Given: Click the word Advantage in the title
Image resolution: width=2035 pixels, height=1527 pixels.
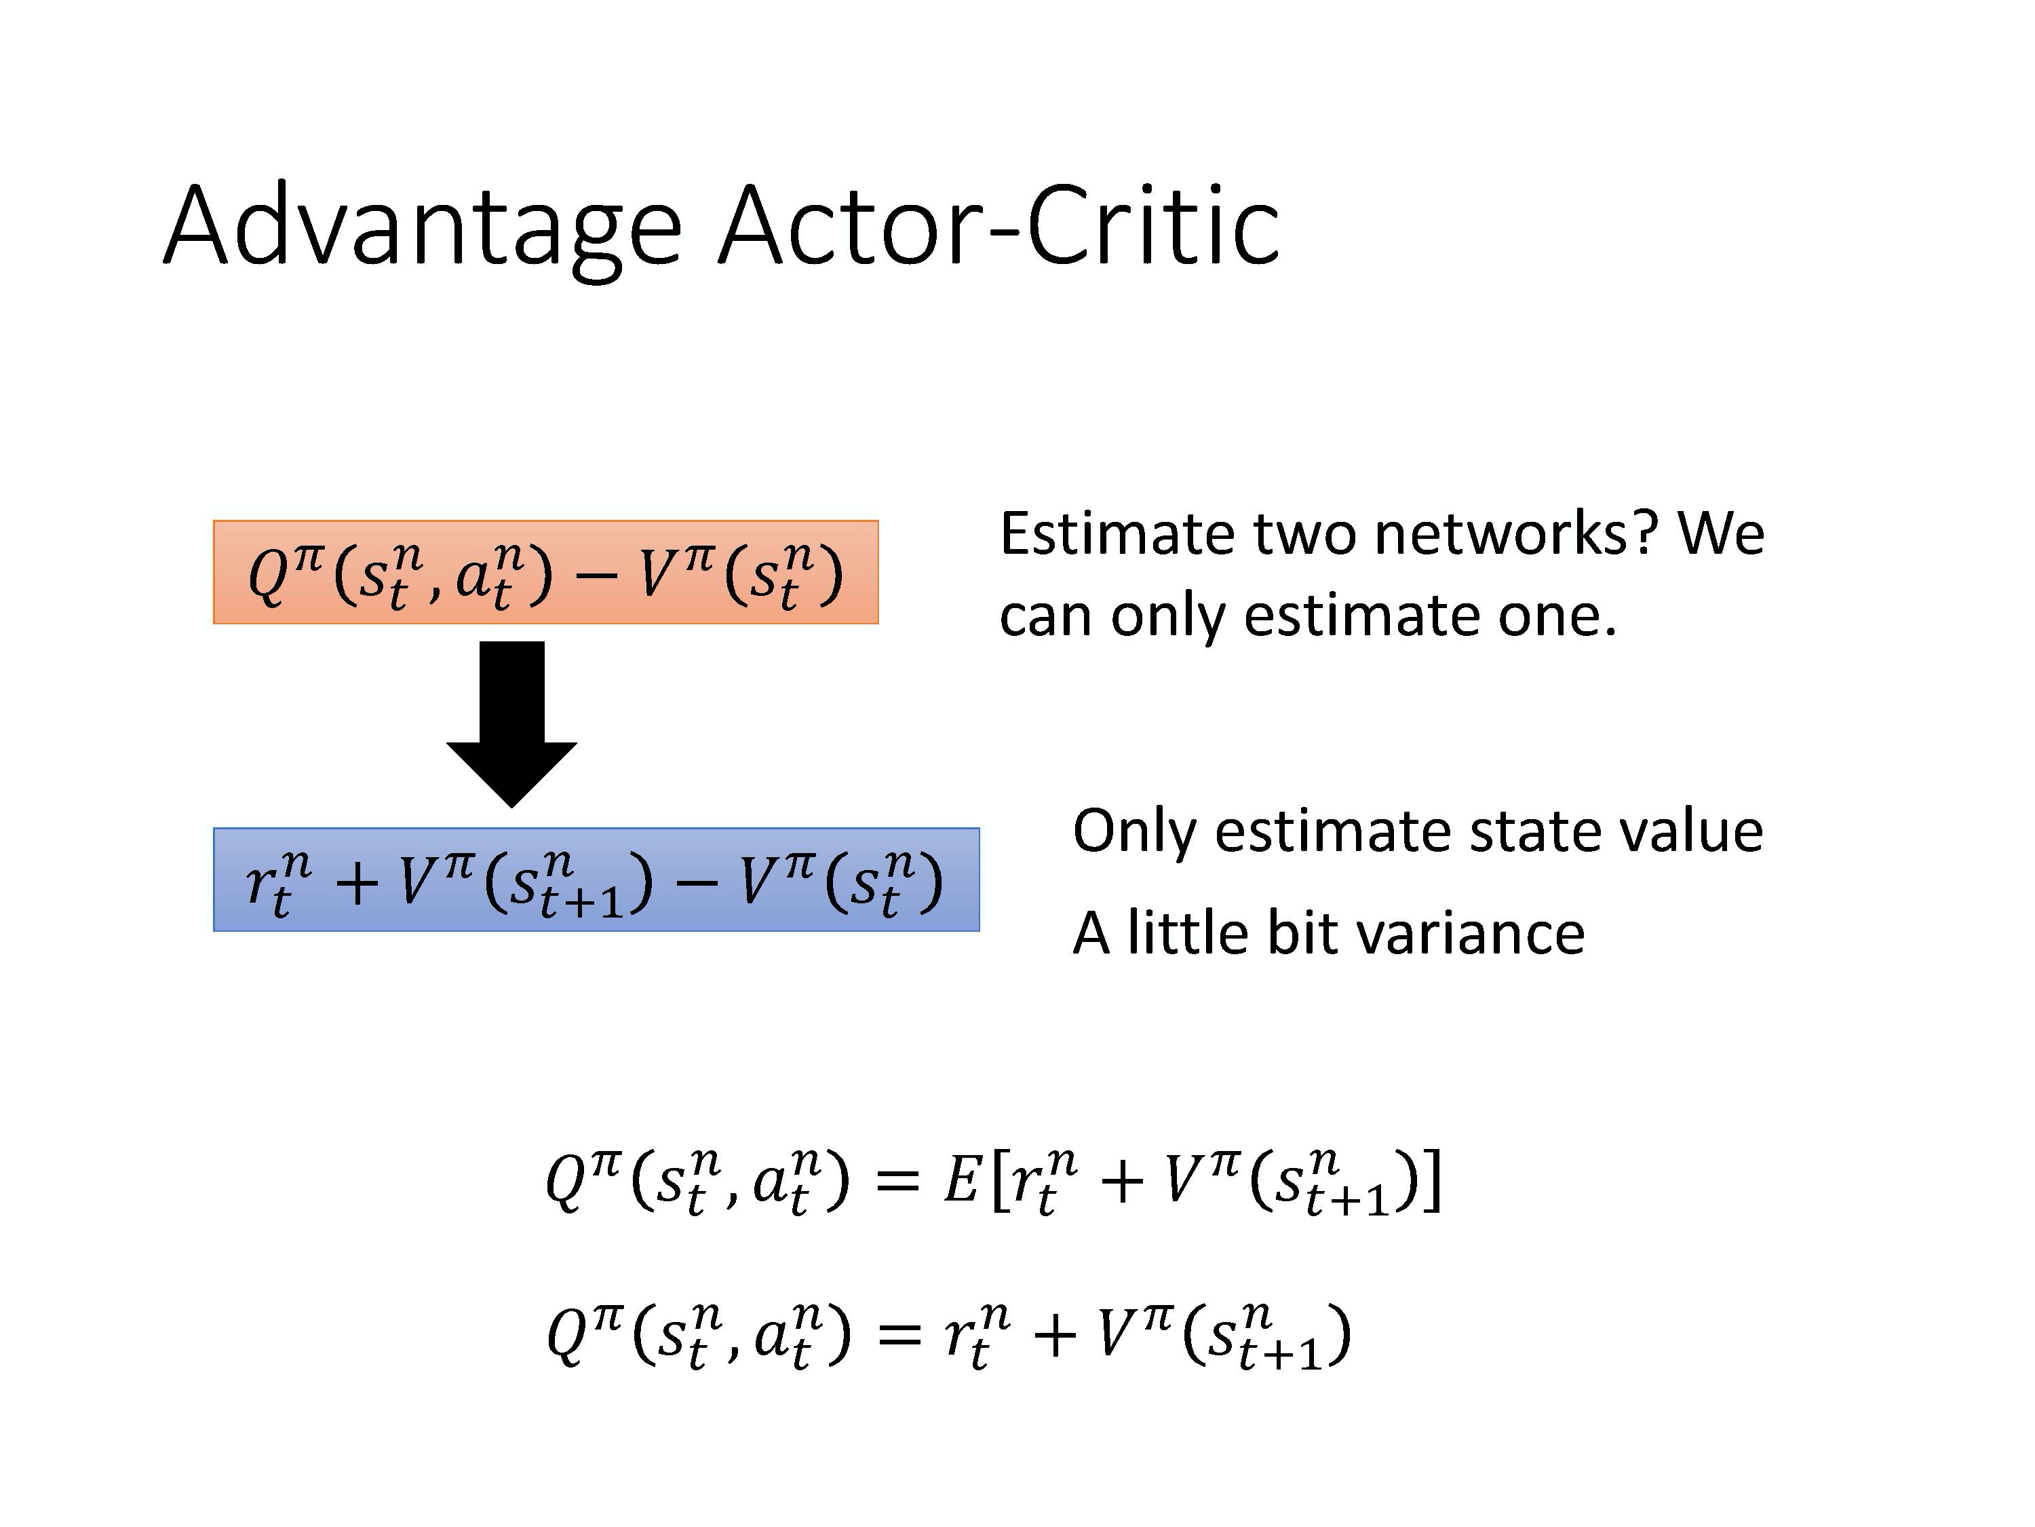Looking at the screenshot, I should tap(423, 227).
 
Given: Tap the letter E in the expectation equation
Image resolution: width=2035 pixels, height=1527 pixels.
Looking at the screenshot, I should tap(961, 1181).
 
